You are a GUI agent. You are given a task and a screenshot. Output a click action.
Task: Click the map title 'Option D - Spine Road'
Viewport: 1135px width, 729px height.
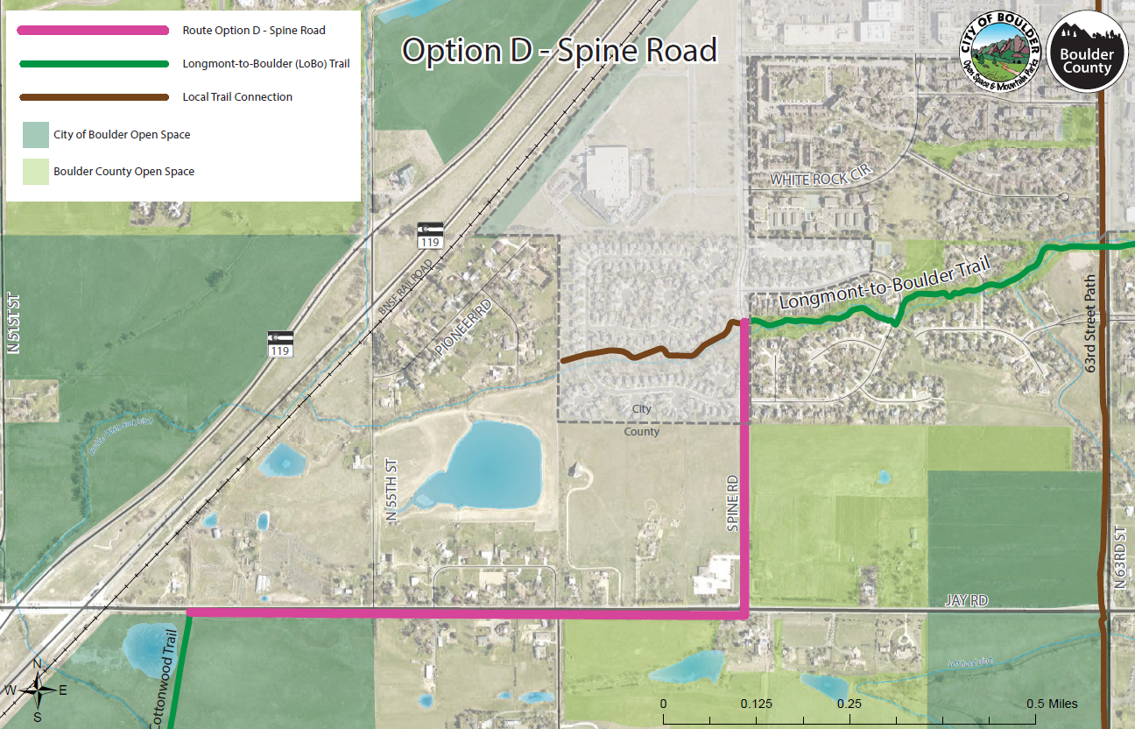tap(559, 51)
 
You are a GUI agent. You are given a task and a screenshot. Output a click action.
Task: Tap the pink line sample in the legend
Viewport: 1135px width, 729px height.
tap(92, 31)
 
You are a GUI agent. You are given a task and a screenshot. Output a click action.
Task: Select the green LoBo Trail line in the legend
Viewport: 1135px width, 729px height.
tap(92, 64)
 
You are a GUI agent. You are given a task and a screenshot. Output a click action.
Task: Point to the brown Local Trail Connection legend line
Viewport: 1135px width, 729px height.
tap(92, 97)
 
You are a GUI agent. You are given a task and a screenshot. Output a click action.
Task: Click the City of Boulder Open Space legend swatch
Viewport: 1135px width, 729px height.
tap(37, 134)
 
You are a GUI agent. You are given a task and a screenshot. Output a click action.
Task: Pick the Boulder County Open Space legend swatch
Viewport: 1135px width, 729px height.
tap(37, 172)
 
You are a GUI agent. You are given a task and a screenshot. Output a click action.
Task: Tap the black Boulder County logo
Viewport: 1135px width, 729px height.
tap(1086, 51)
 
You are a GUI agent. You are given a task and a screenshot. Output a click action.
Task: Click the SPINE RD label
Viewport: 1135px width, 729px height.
tap(734, 504)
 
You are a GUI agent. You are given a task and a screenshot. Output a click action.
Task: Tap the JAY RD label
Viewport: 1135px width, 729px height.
tap(966, 601)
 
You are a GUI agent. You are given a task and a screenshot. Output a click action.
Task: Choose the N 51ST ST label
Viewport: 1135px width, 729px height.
tap(13, 322)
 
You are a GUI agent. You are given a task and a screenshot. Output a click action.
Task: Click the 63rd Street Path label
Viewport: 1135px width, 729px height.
tap(1090, 325)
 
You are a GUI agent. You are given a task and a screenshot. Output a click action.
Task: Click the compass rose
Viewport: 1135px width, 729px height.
tap(38, 690)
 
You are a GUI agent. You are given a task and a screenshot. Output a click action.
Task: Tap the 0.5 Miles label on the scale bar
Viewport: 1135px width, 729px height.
tap(1052, 704)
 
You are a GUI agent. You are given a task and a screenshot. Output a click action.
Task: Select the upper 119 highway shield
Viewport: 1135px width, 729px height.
tap(430, 235)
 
